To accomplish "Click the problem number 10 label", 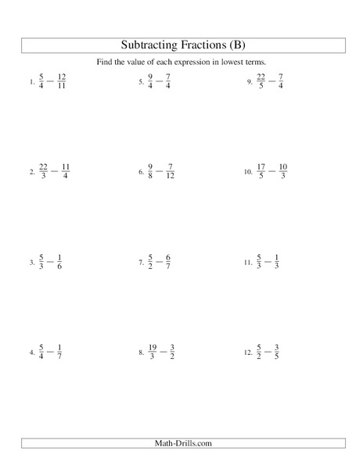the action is tap(247, 172).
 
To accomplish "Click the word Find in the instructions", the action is tap(119, 63).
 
